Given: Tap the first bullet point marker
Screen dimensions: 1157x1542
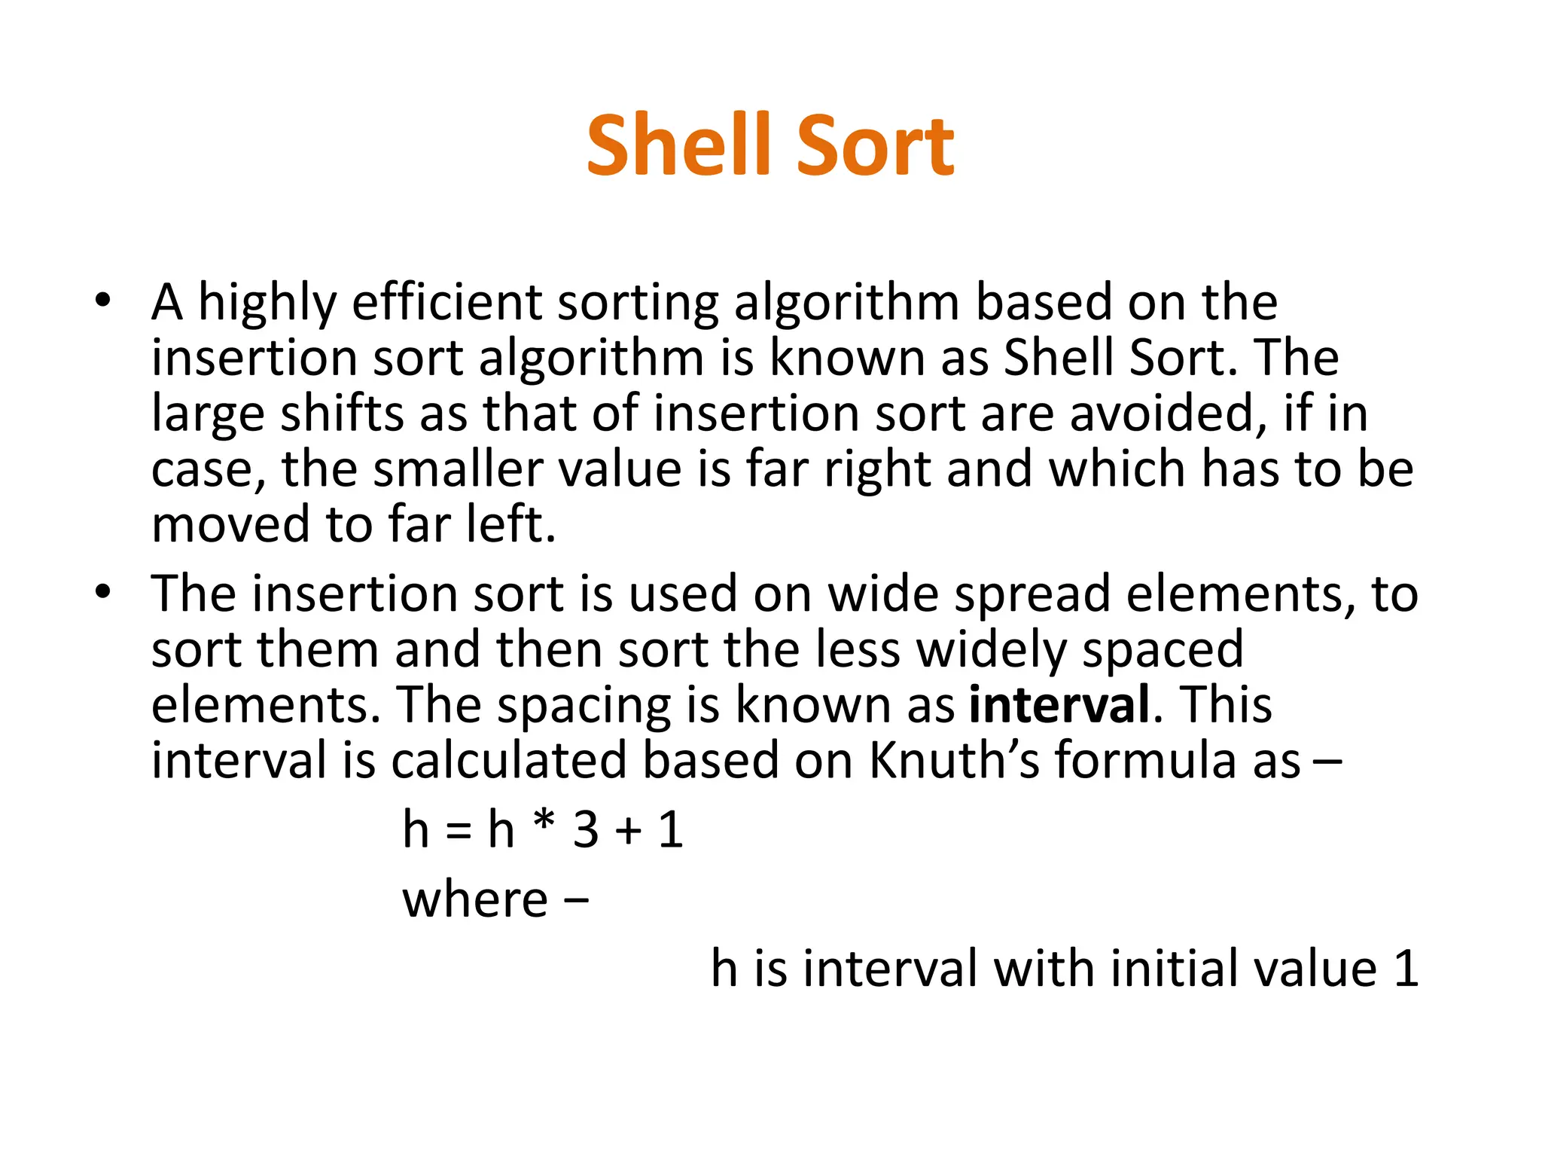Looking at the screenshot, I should click(x=103, y=302).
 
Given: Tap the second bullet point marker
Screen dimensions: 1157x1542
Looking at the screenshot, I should click(x=103, y=593).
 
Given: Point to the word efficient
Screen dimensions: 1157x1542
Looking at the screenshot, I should click(x=447, y=302).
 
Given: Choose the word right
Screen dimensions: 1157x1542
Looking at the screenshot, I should click(x=878, y=471).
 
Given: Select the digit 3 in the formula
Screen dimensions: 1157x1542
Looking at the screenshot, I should click(x=586, y=830).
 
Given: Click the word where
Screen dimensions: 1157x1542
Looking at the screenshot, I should click(x=475, y=899).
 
